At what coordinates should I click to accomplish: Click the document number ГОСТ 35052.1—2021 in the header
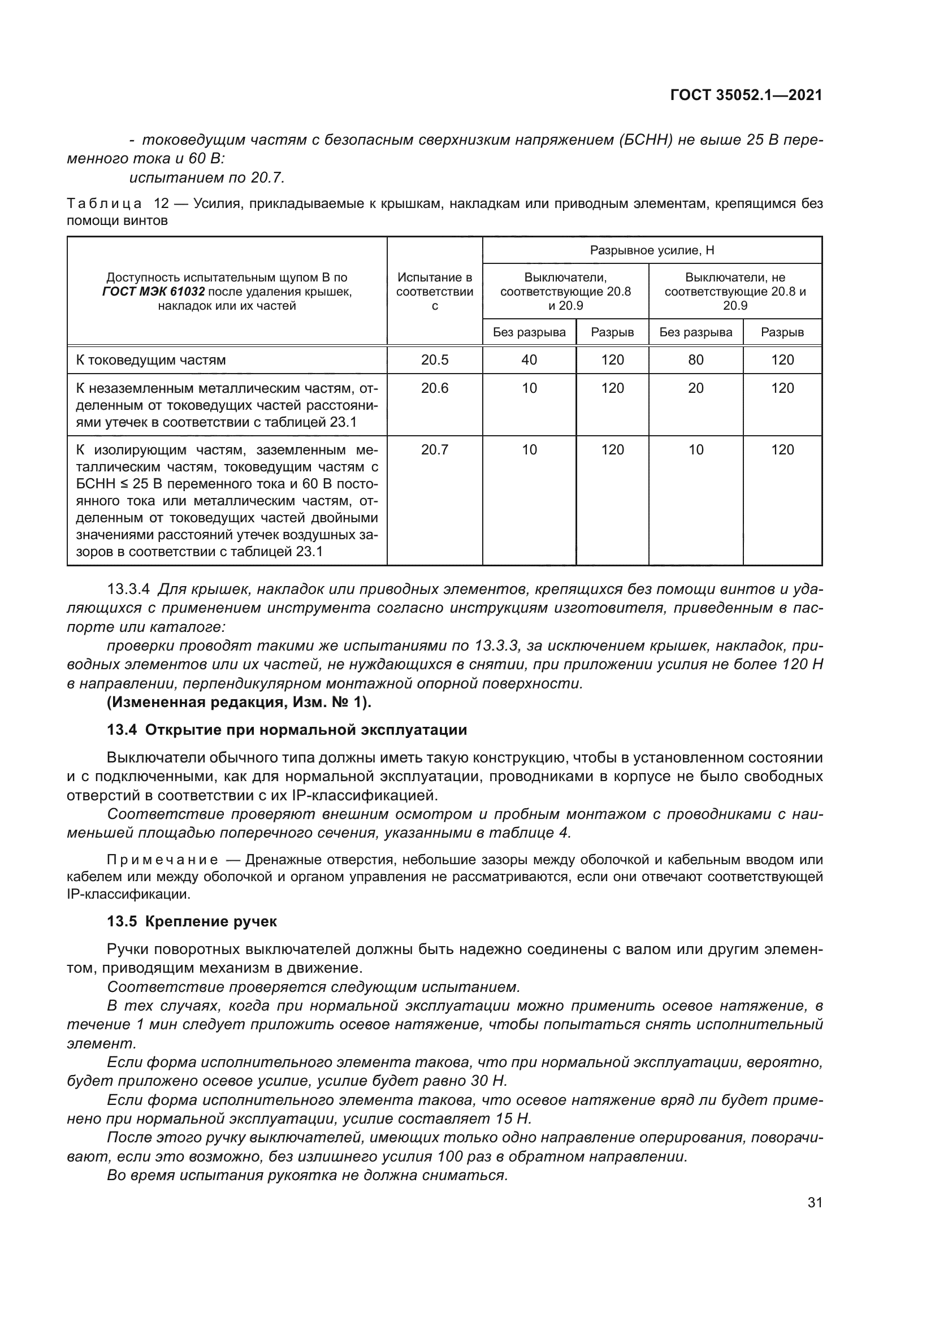746,96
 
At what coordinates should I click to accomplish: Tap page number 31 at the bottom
815,1203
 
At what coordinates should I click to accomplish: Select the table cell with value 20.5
435,360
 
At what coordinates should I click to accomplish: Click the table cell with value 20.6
435,388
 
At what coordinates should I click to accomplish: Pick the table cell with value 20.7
435,450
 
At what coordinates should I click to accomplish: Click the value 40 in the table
529,360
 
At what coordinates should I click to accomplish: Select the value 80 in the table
695,360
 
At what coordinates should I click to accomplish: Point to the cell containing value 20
695,388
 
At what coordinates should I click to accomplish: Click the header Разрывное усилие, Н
652,250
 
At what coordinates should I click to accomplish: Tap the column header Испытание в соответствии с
435,291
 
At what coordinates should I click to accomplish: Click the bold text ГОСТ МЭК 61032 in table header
153,292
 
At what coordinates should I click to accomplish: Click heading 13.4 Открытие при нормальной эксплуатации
287,730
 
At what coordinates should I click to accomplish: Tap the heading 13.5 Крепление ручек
192,922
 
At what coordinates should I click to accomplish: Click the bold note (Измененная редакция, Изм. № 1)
240,703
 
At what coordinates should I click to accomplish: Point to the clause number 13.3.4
128,590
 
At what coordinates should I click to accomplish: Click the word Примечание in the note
162,861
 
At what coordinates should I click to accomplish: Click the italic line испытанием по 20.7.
207,178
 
